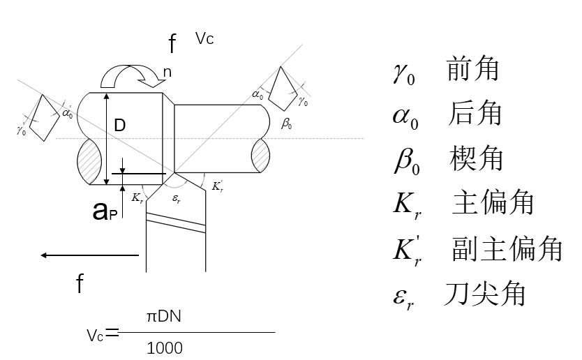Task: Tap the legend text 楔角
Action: click(477, 158)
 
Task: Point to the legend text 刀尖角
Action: click(485, 294)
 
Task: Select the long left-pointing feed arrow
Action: click(91, 255)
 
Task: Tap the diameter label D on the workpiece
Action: click(120, 126)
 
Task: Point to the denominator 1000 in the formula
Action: click(165, 347)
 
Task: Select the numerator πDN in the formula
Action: click(165, 317)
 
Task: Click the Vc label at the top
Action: click(204, 39)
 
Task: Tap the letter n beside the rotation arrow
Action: click(167, 72)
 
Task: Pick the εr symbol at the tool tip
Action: click(177, 199)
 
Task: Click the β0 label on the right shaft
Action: click(286, 125)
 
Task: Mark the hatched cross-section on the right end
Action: click(260, 154)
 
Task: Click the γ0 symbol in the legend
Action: click(403, 72)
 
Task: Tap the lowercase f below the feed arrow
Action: click(80, 284)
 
